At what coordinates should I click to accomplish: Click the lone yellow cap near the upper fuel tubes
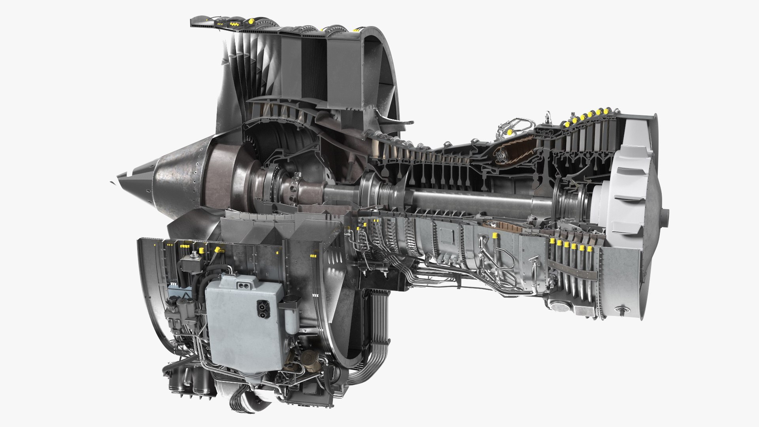(510, 132)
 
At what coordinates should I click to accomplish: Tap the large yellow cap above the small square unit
(201, 251)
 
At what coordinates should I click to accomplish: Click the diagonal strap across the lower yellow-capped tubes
(573, 268)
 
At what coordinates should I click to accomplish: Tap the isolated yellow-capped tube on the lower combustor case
(495, 236)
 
